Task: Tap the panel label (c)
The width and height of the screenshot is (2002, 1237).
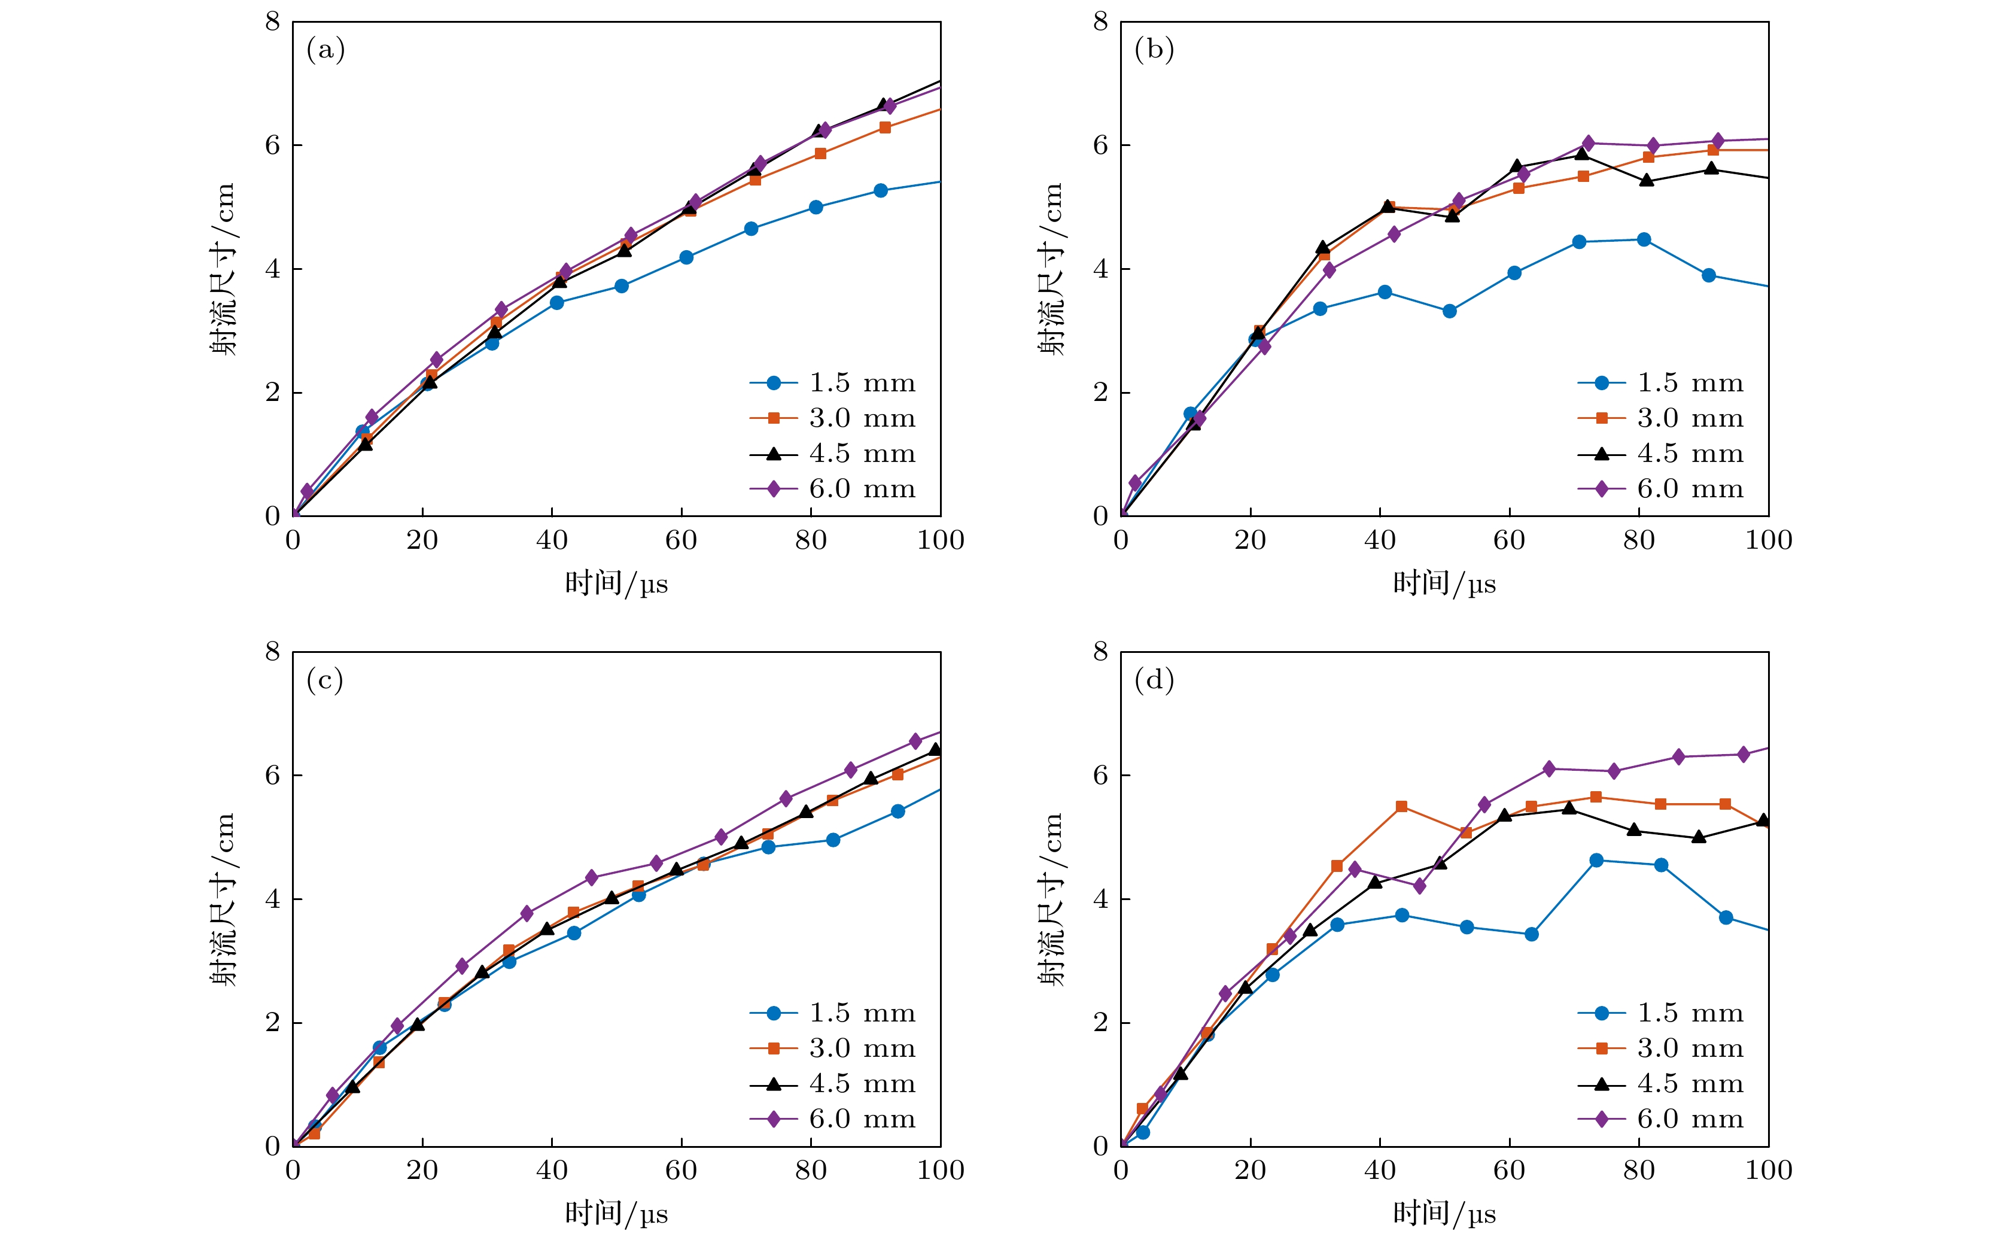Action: pos(325,680)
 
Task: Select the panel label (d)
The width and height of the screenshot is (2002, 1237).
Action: pos(1154,680)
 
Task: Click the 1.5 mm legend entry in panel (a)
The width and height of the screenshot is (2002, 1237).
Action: pos(832,383)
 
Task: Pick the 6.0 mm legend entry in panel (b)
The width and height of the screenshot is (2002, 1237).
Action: pos(1660,490)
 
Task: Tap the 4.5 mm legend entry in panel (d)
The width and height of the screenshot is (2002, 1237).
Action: pos(1660,1084)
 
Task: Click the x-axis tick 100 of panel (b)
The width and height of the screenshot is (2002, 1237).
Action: pos(1768,540)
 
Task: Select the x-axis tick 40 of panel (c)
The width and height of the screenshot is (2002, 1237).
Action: pos(552,1170)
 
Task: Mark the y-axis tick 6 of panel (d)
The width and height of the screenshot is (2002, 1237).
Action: pos(1101,775)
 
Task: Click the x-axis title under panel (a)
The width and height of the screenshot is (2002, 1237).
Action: pos(617,583)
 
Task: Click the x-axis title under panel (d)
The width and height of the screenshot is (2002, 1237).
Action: pos(1444,1213)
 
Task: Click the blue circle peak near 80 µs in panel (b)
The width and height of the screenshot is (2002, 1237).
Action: pos(1644,240)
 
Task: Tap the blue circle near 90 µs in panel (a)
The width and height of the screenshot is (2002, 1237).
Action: pos(881,191)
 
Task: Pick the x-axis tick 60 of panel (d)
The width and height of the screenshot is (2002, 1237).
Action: pos(1509,1170)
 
